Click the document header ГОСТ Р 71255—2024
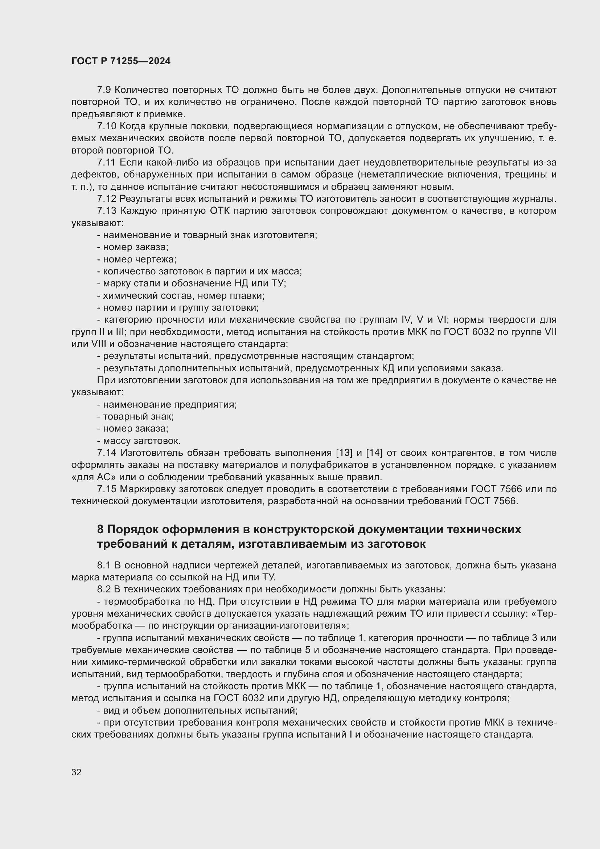(121, 61)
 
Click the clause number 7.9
(104, 90)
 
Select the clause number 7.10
(106, 126)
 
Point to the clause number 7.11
(106, 163)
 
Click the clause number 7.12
(106, 199)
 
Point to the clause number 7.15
(106, 489)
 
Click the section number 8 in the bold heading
(100, 530)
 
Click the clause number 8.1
(104, 566)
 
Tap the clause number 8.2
(104, 589)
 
